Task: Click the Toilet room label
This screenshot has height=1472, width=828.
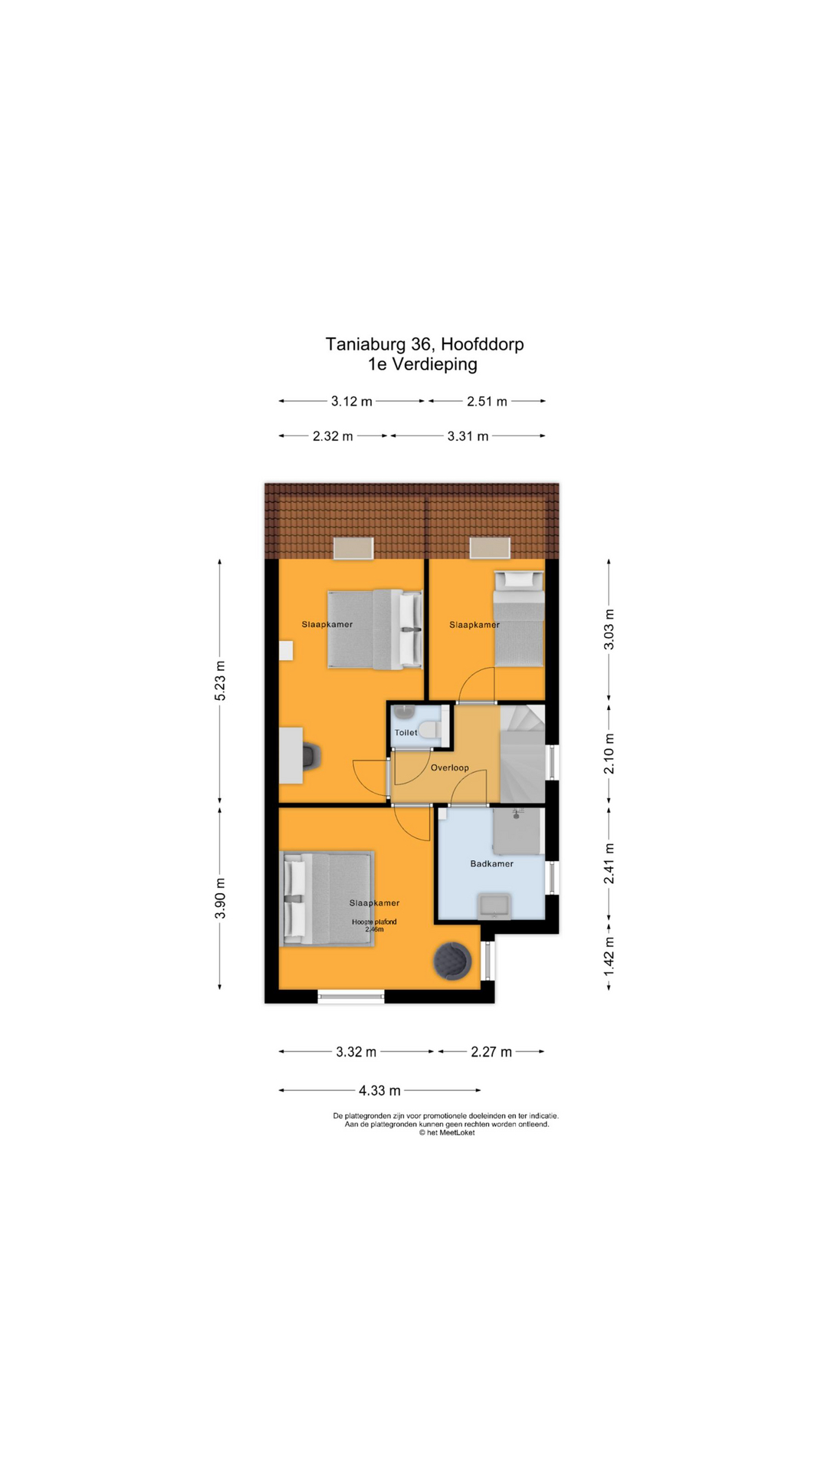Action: tap(406, 732)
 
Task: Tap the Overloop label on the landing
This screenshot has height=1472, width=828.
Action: tap(449, 767)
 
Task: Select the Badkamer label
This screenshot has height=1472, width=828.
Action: tap(491, 863)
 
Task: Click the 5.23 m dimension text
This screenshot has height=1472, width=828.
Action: tap(220, 680)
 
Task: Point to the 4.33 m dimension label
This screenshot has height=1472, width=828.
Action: tap(379, 1090)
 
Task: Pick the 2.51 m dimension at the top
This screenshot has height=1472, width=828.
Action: tap(487, 401)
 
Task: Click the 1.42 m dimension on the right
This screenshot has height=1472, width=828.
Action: tap(609, 957)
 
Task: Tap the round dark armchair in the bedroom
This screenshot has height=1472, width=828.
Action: tap(452, 961)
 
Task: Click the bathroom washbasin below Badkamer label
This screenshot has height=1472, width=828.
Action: tap(494, 905)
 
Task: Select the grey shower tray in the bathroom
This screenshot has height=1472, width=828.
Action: tap(517, 831)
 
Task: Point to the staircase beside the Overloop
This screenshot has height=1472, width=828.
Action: tap(522, 754)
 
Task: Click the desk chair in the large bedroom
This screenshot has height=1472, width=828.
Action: tap(310, 756)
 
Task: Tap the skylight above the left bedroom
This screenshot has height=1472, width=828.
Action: tap(353, 548)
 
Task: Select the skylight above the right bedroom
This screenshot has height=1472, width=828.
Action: tap(490, 547)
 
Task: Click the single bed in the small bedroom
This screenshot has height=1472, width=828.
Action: tap(519, 619)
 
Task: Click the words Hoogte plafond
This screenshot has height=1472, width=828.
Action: tap(374, 922)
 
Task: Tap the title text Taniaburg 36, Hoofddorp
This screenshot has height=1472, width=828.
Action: tap(424, 344)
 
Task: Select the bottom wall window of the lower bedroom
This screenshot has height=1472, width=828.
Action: tap(350, 997)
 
